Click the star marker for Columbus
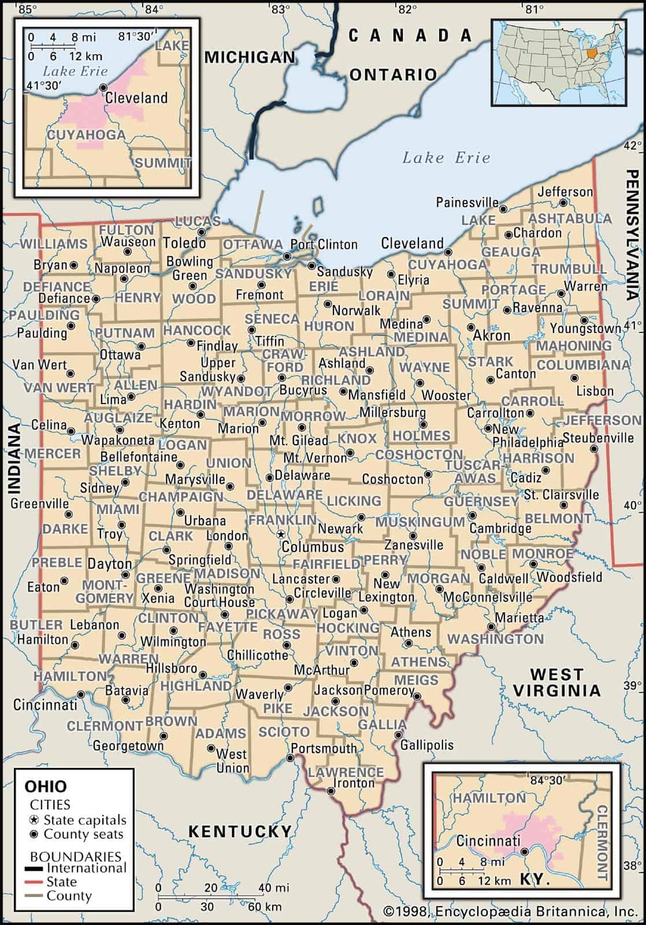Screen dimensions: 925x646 point(280,534)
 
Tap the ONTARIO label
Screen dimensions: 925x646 point(393,74)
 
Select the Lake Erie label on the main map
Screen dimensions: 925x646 point(446,157)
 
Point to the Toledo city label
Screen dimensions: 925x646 point(184,242)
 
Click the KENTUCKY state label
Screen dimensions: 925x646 point(240,831)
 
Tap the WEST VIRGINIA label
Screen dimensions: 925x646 point(556,682)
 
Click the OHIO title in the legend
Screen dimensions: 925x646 point(45,786)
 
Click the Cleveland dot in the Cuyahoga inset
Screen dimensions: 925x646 point(103,87)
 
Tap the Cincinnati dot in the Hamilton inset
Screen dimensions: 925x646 point(524,852)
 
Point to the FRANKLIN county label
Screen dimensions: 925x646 point(283,520)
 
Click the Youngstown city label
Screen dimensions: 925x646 point(585,329)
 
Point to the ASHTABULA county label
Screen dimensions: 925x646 point(569,219)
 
